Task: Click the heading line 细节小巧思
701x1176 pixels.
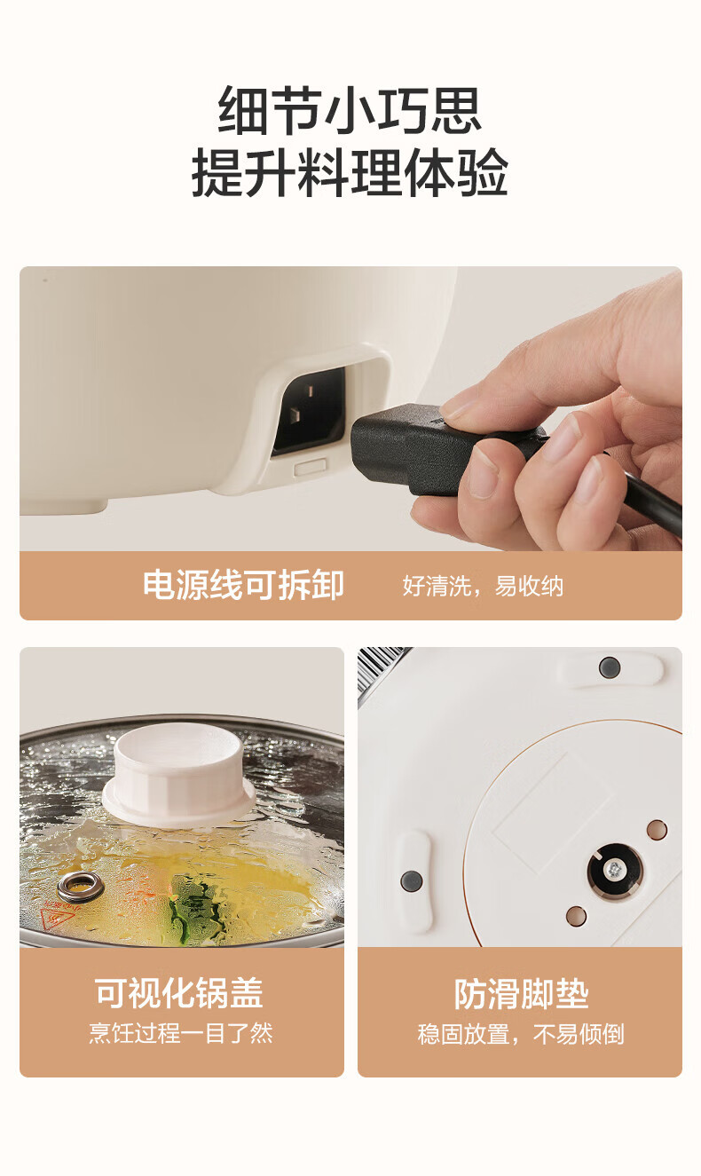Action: click(x=350, y=111)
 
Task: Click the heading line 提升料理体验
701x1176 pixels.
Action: click(x=350, y=172)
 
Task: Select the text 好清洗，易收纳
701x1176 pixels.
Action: click(x=483, y=586)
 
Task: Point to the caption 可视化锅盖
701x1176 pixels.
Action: click(x=179, y=993)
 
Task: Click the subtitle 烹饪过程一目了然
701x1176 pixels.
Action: click(x=181, y=1033)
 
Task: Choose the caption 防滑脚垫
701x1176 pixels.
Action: click(x=521, y=994)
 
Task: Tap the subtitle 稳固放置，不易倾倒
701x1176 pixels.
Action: click(x=521, y=1034)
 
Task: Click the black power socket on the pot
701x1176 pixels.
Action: click(x=310, y=411)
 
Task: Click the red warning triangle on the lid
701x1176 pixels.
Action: click(x=57, y=919)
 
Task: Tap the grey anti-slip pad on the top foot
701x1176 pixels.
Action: click(x=610, y=667)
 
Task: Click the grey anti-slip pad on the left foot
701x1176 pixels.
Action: click(x=412, y=880)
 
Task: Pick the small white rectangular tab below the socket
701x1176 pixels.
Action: click(x=310, y=467)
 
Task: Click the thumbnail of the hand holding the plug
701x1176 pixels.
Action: click(x=350, y=408)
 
